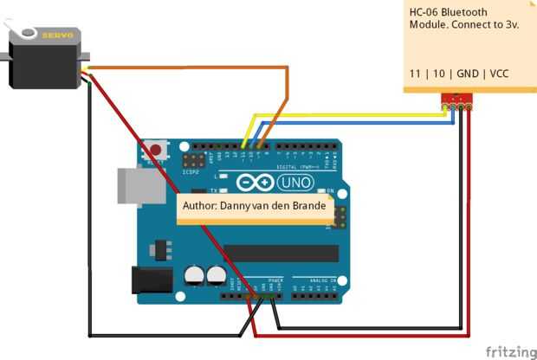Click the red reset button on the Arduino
[x=156, y=148]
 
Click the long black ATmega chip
[x=281, y=252]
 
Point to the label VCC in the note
[x=499, y=74]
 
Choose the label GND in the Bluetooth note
[x=465, y=74]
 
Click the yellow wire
[x=346, y=113]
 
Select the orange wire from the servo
[x=191, y=68]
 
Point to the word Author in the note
[x=201, y=206]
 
